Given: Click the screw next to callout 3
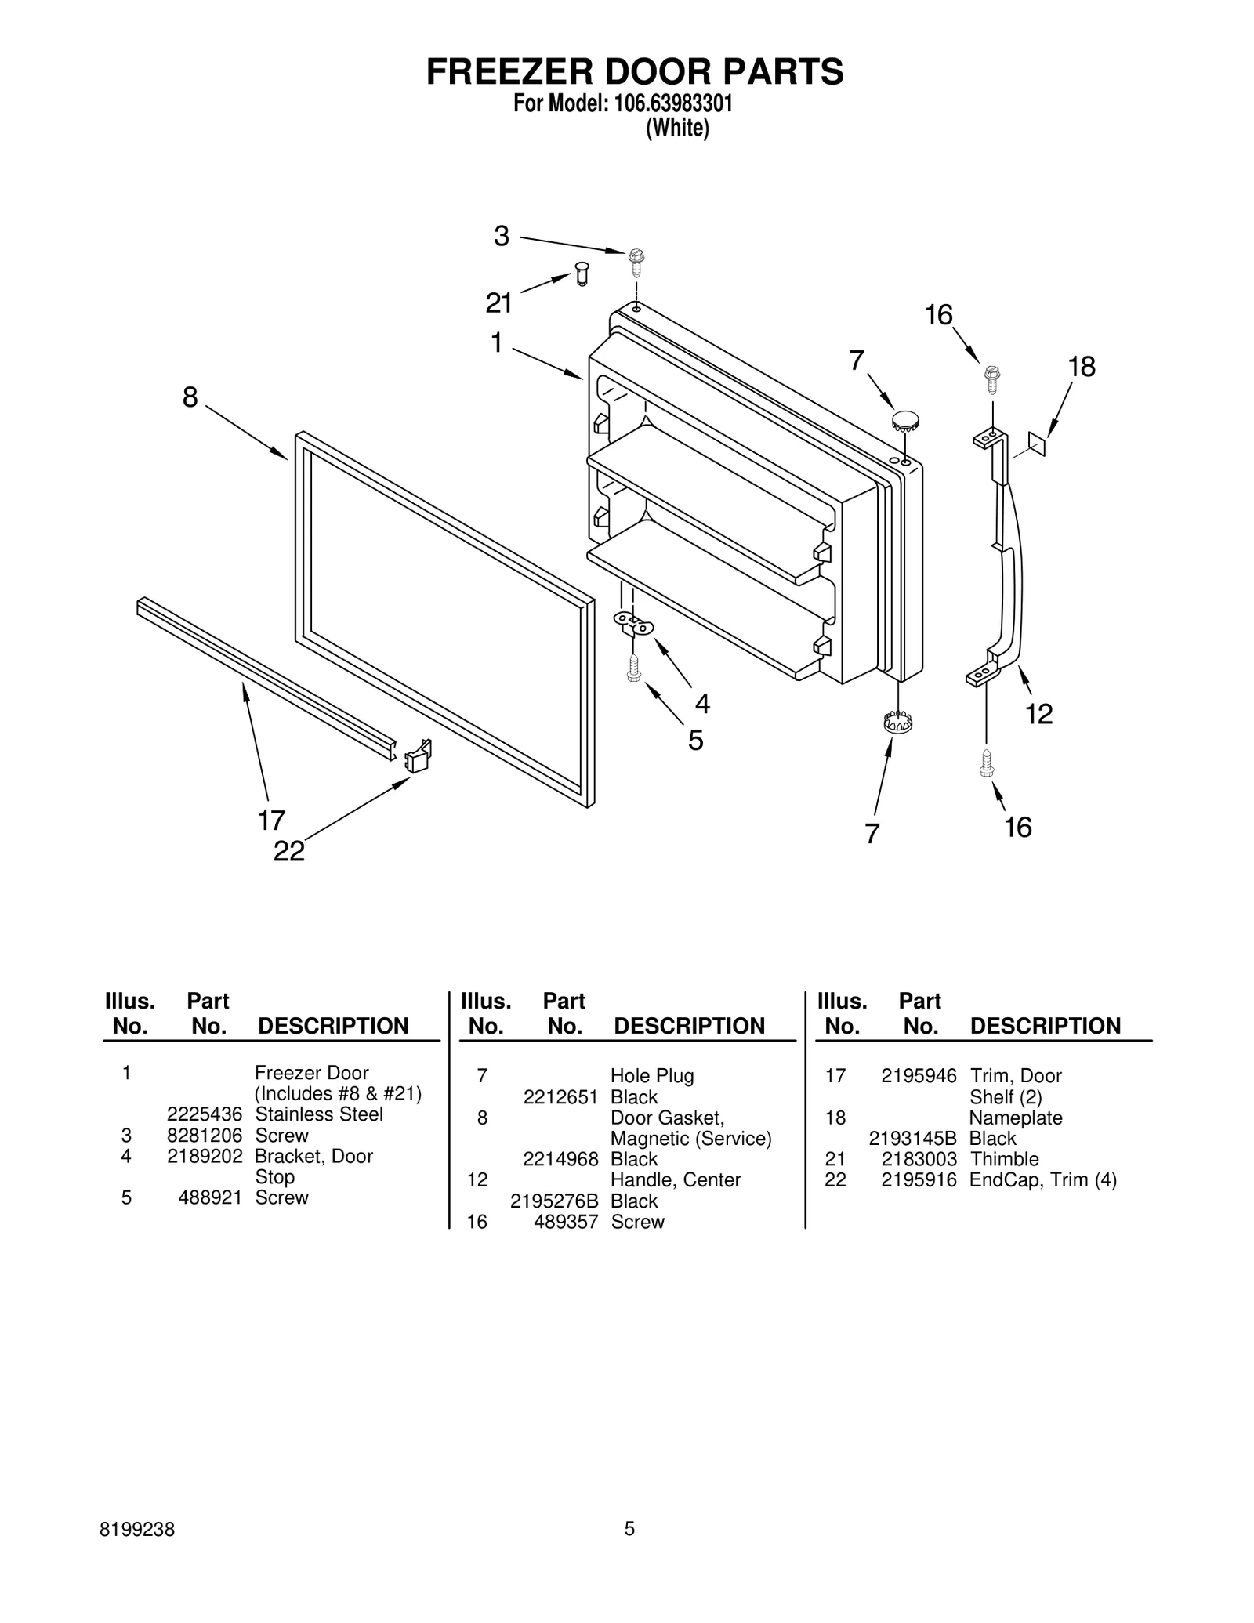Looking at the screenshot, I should pyautogui.click(x=636, y=262).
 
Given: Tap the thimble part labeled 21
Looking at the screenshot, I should pyautogui.click(x=581, y=274).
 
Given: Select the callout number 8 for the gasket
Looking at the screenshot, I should pyautogui.click(x=190, y=397).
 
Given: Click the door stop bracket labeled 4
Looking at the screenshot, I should pyautogui.click(x=633, y=625).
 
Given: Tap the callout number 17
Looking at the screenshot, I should pyautogui.click(x=271, y=821).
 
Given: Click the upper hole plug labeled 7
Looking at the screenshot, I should pyautogui.click(x=905, y=419).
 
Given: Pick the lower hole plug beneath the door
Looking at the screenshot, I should pyautogui.click(x=898, y=722).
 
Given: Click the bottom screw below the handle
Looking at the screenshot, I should pyautogui.click(x=987, y=763).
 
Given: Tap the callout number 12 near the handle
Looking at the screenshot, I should pyautogui.click(x=1038, y=713).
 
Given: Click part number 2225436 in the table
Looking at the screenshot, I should pyautogui.click(x=205, y=1114).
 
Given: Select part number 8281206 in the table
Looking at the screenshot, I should pyautogui.click(x=205, y=1136).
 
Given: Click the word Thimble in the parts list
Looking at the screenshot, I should pyautogui.click(x=1004, y=1159).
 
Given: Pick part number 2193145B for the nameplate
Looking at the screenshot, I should pyautogui.click(x=912, y=1139).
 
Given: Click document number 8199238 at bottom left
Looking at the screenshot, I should pyautogui.click(x=138, y=1529).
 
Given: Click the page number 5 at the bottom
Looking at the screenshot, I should pyautogui.click(x=629, y=1529).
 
